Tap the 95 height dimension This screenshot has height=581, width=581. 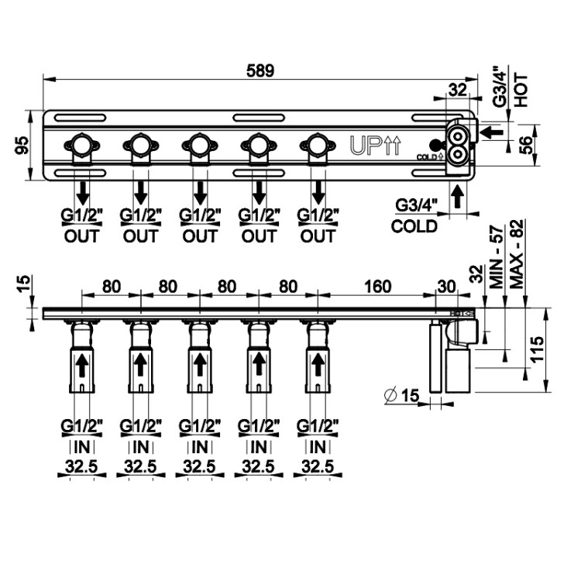click(x=22, y=145)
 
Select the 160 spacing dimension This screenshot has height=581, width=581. click(x=376, y=287)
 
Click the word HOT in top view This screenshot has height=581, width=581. click(x=521, y=90)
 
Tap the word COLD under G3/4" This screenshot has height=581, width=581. click(x=414, y=227)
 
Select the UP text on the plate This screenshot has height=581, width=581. click(x=366, y=145)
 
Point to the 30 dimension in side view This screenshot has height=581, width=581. click(x=447, y=287)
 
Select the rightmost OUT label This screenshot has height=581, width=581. click(x=317, y=235)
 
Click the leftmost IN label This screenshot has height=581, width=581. click(x=81, y=447)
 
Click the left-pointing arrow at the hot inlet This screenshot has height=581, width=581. click(x=490, y=132)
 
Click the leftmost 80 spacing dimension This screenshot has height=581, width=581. click(x=111, y=287)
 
